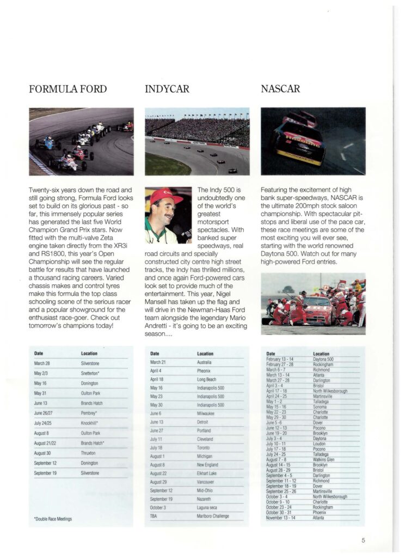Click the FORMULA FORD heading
tap(67, 89)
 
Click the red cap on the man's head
tap(166, 196)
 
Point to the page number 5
tap(363, 541)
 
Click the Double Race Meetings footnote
tap(53, 519)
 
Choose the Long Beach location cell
tap(207, 379)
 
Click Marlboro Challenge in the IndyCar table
tap(213, 516)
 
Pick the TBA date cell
tap(154, 516)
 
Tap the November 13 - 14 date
tap(281, 517)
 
